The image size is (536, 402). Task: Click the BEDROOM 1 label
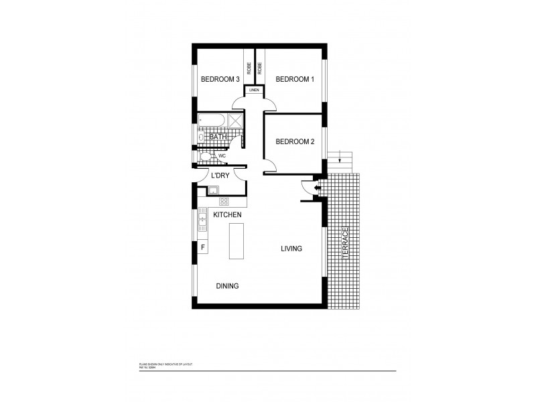coord(295,79)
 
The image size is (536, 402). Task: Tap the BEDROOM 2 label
coord(295,141)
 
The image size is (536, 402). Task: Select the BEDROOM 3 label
coord(220,79)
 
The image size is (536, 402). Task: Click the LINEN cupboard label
coord(254,90)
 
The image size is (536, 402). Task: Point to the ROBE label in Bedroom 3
coord(249,68)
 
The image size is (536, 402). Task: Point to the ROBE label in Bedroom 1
coord(259,68)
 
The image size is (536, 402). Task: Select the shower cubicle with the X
coord(235,121)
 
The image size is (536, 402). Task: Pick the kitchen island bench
coord(237,241)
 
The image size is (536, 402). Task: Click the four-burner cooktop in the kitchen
coord(224,201)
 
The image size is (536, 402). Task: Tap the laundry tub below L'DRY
coord(212,192)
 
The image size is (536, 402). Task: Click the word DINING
coord(227,286)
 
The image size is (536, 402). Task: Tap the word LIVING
coord(291,249)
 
